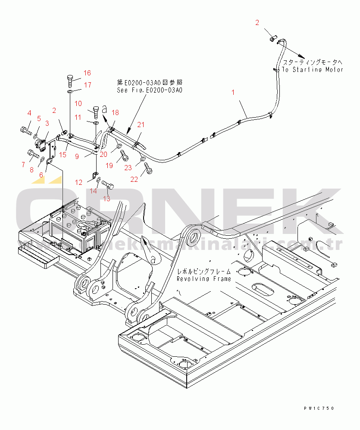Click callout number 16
coord(87,72)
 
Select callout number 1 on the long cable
coord(233,92)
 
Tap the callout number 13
coord(106,198)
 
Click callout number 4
coord(30,113)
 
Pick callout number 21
coord(141,125)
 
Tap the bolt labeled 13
coord(108,186)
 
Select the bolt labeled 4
coord(25,128)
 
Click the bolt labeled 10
coord(96,110)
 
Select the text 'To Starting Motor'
coord(313,69)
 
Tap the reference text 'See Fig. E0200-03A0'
coord(150,90)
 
